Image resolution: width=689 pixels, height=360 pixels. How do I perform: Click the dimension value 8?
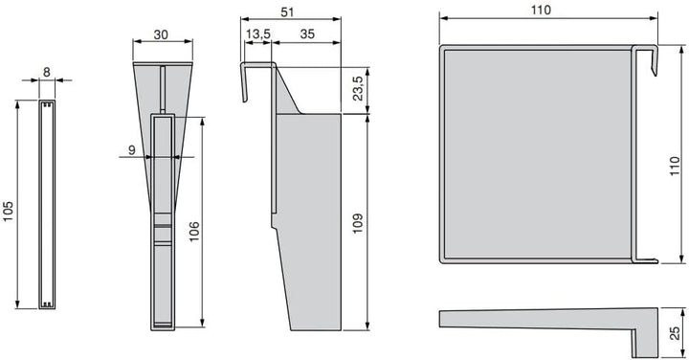click(x=47, y=72)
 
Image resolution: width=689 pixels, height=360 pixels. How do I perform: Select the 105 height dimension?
click(x=9, y=212)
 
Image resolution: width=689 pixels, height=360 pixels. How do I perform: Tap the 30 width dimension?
click(x=161, y=34)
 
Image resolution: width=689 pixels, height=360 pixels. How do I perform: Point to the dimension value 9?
click(x=132, y=150)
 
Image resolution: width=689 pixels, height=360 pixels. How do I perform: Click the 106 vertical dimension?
click(x=193, y=231)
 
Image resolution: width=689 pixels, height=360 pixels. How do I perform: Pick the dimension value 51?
click(x=287, y=11)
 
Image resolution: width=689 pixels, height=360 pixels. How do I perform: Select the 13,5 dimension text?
click(x=258, y=34)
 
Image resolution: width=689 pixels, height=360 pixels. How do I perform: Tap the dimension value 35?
click(x=307, y=34)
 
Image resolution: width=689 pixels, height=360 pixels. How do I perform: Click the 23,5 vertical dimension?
click(x=358, y=88)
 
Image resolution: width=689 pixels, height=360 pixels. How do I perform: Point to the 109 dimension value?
click(x=358, y=223)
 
